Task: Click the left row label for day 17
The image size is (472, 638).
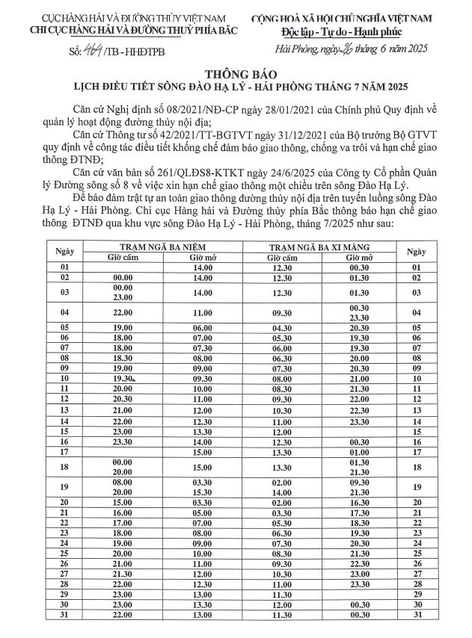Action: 65,451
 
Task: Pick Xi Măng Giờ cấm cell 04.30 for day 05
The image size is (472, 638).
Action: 281,327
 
